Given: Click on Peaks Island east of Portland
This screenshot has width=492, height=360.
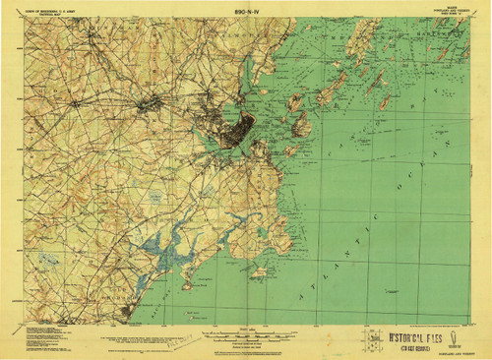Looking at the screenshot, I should (x=300, y=123).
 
